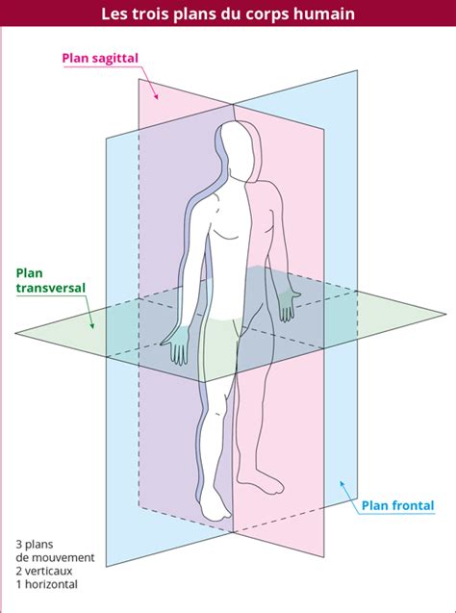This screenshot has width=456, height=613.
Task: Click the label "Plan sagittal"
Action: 100,59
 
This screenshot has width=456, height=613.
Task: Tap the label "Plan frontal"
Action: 397,505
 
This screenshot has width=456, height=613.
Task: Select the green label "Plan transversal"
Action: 50,280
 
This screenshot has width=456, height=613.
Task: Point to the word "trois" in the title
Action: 150,14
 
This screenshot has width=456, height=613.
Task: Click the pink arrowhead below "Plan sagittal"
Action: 156,95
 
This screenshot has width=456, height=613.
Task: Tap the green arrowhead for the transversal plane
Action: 91,324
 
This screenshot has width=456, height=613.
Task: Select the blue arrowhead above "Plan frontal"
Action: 342,484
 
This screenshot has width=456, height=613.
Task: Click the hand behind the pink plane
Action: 288,302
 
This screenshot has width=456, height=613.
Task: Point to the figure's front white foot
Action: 215,503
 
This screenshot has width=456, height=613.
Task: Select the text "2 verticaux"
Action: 44,572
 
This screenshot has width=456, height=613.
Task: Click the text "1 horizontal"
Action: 46,584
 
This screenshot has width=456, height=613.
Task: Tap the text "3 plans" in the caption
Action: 35,545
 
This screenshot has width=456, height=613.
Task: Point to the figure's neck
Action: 240,174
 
